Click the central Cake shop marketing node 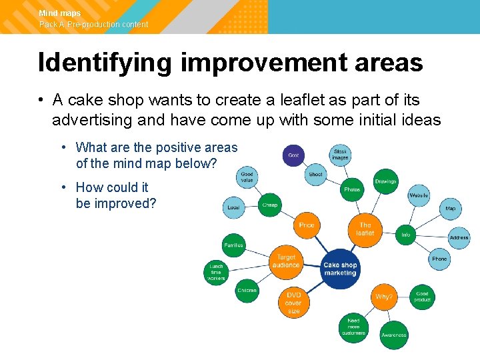[340, 269]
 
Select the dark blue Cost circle [293, 155]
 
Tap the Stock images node [340, 155]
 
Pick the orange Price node [307, 225]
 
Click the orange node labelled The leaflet [365, 229]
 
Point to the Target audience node [285, 261]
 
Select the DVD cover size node [294, 303]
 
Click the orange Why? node [383, 297]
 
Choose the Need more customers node [353, 325]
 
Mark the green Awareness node [393, 335]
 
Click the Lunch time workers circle [216, 272]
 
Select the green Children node [247, 291]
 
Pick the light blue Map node [451, 209]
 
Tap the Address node [459, 237]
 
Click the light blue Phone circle [439, 259]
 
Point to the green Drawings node [385, 181]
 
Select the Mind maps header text [59, 13]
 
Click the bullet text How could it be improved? [115, 195]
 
